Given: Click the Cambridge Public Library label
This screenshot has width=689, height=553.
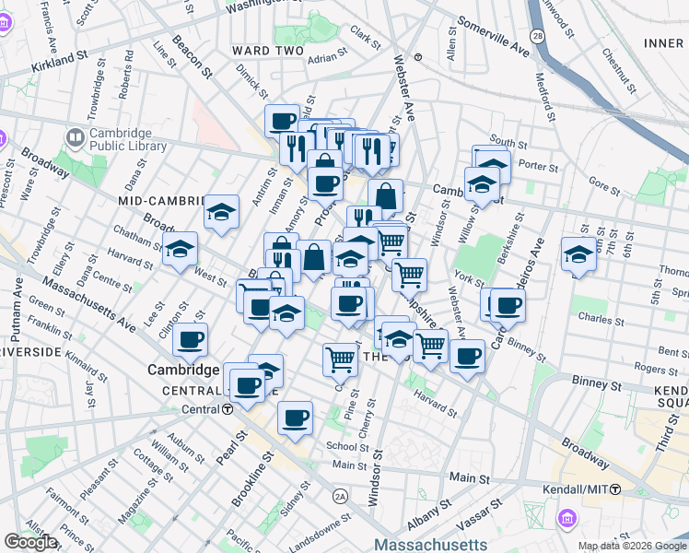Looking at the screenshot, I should (x=128, y=139).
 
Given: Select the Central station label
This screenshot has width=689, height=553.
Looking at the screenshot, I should (x=205, y=409).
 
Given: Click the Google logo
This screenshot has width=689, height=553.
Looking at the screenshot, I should (x=30, y=542).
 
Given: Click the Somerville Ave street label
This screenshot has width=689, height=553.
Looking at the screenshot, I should (x=493, y=37).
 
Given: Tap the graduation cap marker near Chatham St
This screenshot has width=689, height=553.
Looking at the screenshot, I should (x=181, y=249).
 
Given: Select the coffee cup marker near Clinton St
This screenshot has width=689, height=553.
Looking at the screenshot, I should (x=190, y=339).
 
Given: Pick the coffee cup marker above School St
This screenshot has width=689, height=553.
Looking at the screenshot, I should (x=295, y=418).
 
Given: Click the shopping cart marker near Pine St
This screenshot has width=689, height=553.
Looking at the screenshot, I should (x=340, y=359).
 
